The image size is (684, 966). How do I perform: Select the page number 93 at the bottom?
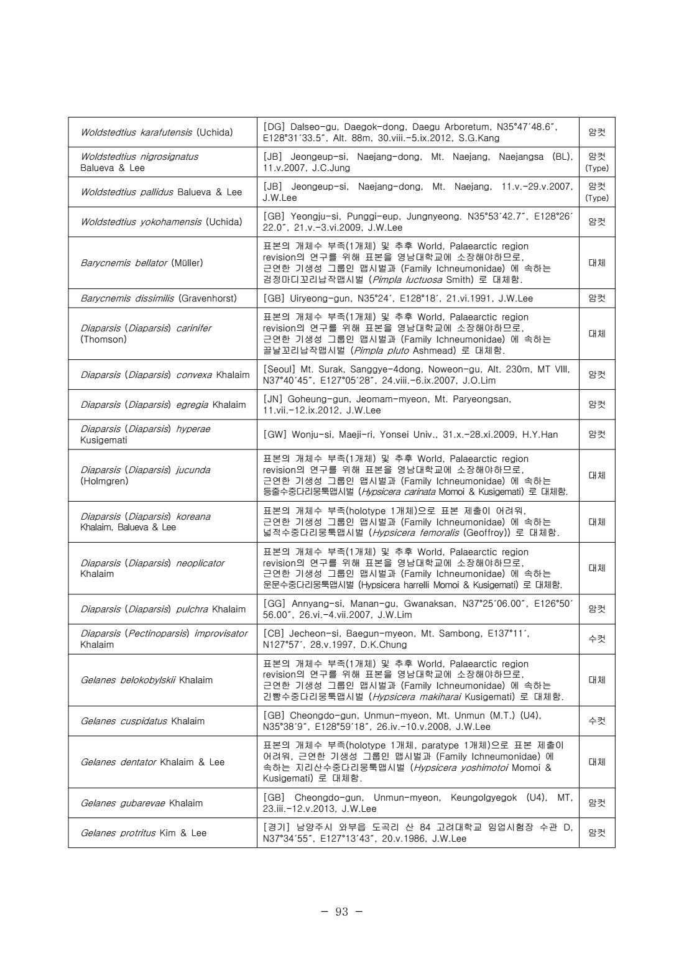(341, 912)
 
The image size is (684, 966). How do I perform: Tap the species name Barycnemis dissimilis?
(127, 298)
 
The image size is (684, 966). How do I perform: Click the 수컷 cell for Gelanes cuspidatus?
(596, 721)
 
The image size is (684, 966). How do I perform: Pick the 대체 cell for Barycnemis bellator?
(596, 263)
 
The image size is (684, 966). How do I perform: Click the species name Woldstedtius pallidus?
(127, 192)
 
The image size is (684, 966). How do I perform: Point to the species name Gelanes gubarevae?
(122, 803)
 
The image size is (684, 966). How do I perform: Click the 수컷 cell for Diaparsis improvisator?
(596, 639)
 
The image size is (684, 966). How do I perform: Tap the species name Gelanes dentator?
(118, 762)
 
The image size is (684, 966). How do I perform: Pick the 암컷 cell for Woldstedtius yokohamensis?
(596, 222)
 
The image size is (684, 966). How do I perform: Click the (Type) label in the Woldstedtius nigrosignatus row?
(596, 168)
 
